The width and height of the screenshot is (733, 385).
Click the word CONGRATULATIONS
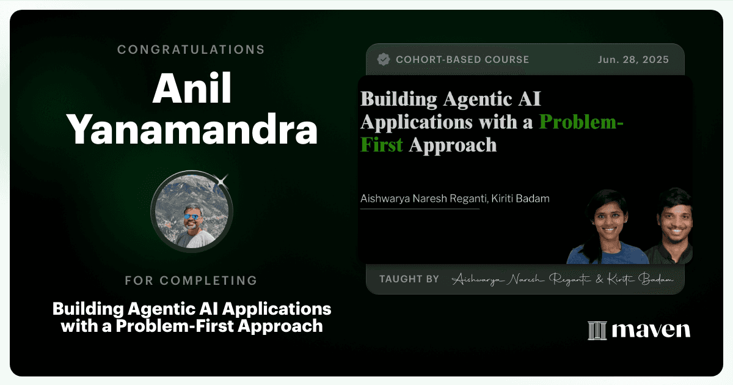click(191, 50)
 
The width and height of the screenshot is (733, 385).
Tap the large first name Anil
click(192, 89)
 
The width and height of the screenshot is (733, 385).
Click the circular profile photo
click(192, 211)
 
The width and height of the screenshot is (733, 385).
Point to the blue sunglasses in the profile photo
click(191, 217)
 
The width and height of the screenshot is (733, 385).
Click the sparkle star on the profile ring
click(222, 181)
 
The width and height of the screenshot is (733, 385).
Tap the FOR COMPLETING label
click(191, 280)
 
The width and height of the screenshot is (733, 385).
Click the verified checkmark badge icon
click(383, 59)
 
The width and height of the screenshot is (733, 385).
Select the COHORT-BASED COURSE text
click(462, 60)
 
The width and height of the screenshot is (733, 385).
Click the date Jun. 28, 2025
click(633, 60)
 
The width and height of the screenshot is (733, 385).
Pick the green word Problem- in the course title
click(581, 122)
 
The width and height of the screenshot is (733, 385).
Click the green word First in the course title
click(382, 144)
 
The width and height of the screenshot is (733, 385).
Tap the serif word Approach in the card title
click(453, 145)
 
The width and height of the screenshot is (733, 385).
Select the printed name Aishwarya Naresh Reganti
click(423, 199)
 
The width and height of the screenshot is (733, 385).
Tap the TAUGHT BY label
click(409, 279)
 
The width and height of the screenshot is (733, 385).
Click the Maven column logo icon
click(597, 331)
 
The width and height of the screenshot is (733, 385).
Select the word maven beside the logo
click(651, 330)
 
